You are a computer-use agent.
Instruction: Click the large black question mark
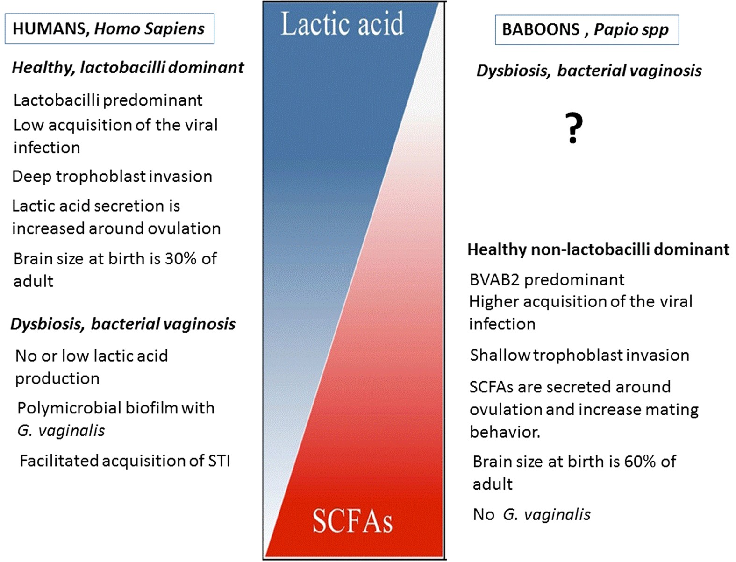pyautogui.click(x=574, y=128)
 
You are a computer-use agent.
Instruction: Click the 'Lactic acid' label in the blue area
pyautogui.click(x=342, y=23)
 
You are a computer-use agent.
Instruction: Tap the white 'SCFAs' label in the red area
pyautogui.click(x=352, y=521)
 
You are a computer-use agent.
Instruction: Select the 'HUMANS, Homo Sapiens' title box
pyautogui.click(x=109, y=29)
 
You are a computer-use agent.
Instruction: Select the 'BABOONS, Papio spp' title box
pyautogui.click(x=587, y=30)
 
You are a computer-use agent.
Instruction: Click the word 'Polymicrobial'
pyautogui.click(x=71, y=408)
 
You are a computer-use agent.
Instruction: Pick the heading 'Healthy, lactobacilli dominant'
pyautogui.click(x=128, y=68)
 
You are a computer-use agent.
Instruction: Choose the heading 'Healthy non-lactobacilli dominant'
pyautogui.click(x=599, y=249)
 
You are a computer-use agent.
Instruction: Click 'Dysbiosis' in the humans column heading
pyautogui.click(x=47, y=324)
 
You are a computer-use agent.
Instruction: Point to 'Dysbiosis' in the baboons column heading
pyautogui.click(x=514, y=71)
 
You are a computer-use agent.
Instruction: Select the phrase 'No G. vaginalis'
pyautogui.click(x=531, y=514)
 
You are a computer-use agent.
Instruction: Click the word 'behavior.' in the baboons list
pyautogui.click(x=505, y=432)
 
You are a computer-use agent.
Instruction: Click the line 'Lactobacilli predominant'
pyautogui.click(x=108, y=100)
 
